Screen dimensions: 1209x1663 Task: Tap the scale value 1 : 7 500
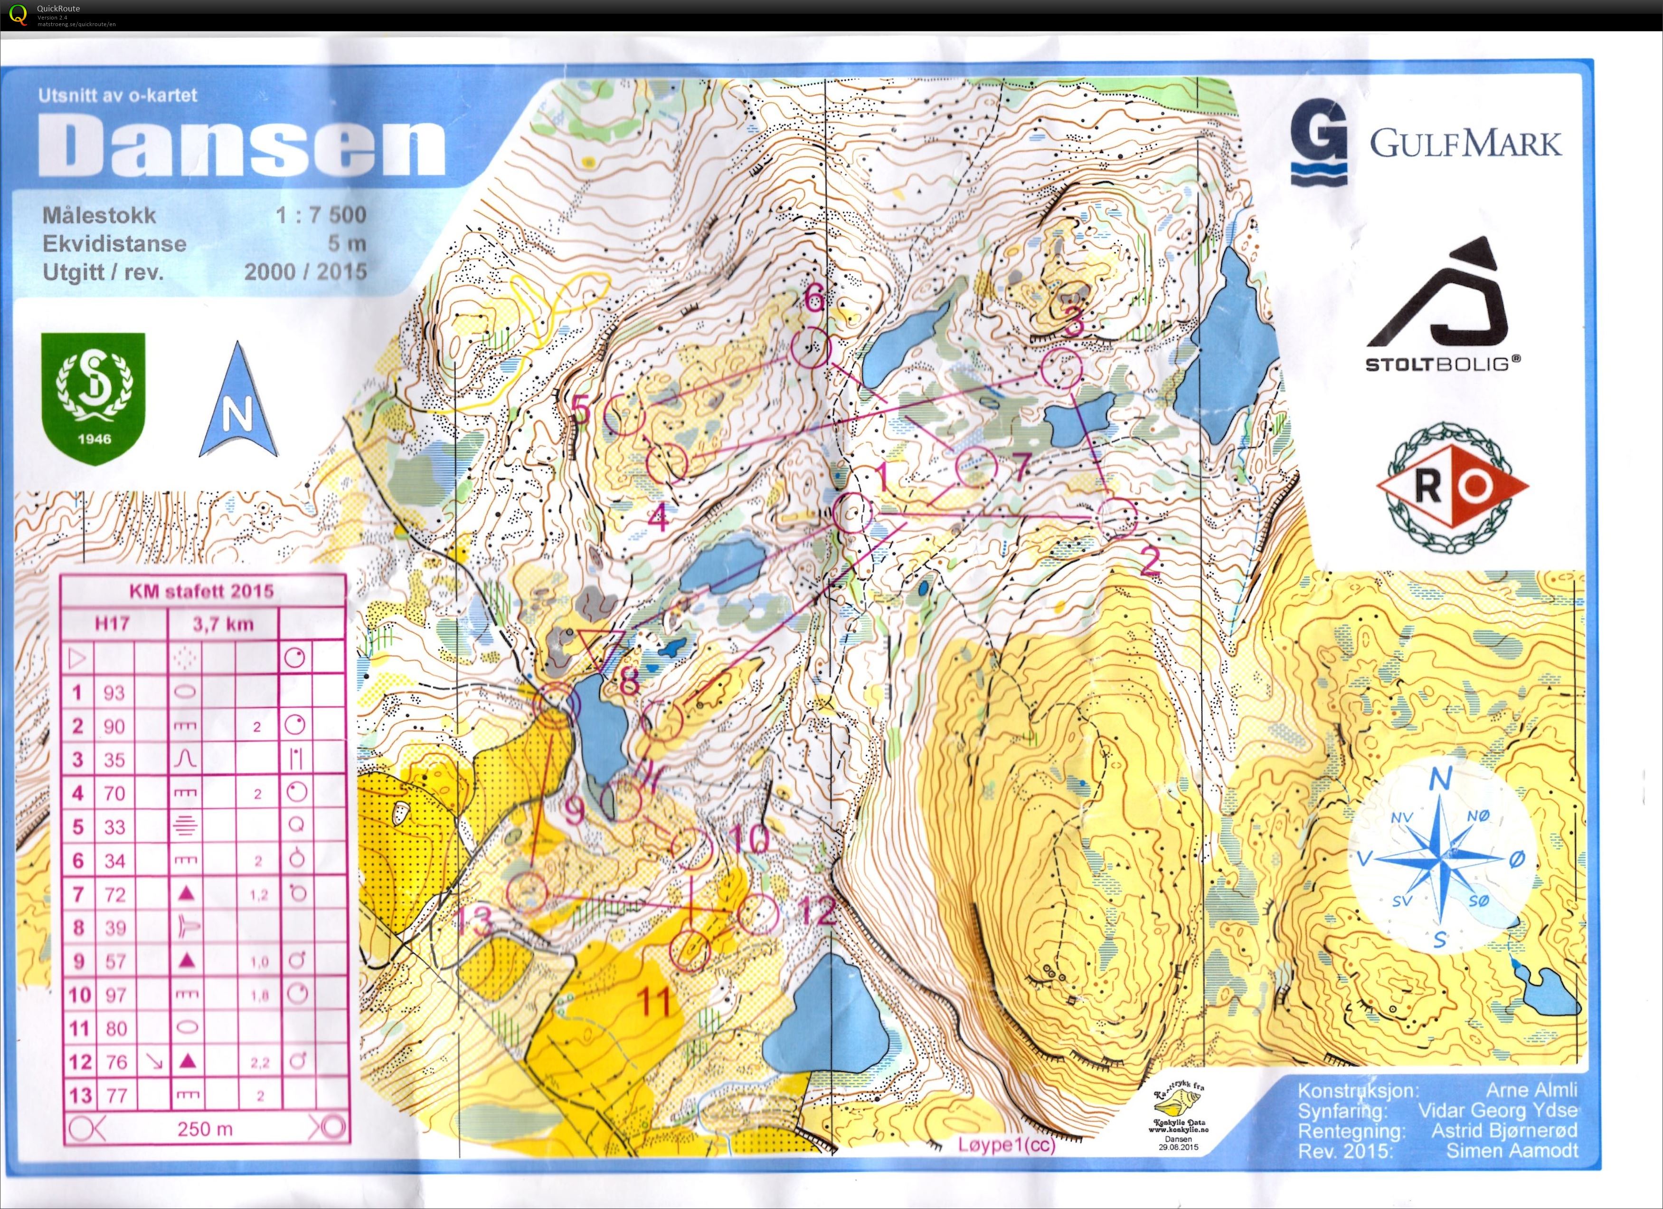pyautogui.click(x=321, y=215)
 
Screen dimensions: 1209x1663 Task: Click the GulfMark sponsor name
pyautogui.click(x=1465, y=143)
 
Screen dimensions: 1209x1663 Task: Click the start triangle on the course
pyautogui.click(x=600, y=645)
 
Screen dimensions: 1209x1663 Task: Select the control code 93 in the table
pyautogui.click(x=114, y=692)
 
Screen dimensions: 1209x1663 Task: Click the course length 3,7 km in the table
pyautogui.click(x=223, y=624)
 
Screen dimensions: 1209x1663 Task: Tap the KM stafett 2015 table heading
pyautogui.click(x=202, y=591)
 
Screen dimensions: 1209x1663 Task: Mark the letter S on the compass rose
pyautogui.click(x=1439, y=940)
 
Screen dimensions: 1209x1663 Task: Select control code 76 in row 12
pyautogui.click(x=114, y=1062)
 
